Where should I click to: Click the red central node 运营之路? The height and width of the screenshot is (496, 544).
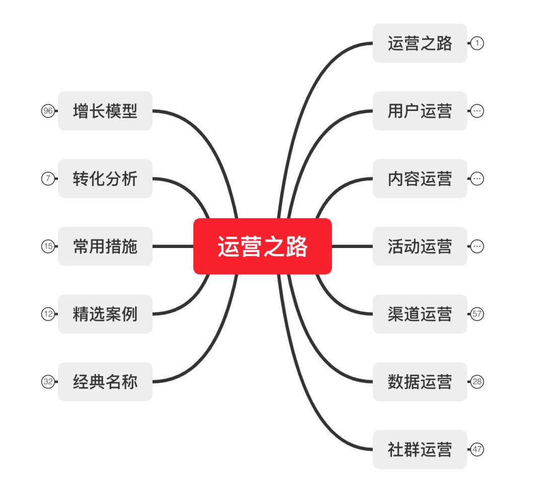(x=262, y=246)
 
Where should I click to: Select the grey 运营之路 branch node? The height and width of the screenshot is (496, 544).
(x=420, y=43)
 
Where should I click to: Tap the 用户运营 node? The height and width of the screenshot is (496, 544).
(x=420, y=111)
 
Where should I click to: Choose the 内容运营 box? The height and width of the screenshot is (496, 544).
(x=420, y=179)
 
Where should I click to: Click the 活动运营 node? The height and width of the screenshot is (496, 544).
(x=420, y=246)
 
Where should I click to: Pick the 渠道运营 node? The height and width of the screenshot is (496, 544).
(x=420, y=314)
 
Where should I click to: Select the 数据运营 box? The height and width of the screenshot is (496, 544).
(x=420, y=382)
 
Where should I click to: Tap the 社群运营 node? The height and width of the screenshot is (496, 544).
(x=420, y=450)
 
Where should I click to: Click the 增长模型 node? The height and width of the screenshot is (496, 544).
(x=105, y=111)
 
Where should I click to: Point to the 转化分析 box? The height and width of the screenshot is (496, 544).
(x=105, y=179)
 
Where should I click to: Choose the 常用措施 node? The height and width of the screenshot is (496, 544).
(x=105, y=246)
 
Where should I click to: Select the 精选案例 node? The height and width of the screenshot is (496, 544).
(x=105, y=314)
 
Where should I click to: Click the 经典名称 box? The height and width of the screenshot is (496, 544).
(x=105, y=382)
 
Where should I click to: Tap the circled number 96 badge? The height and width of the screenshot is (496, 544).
(x=48, y=111)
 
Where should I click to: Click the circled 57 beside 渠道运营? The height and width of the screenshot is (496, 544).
(x=477, y=314)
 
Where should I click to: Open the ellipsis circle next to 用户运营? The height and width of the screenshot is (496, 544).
(x=477, y=111)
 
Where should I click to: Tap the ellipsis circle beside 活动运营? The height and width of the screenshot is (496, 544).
(x=477, y=246)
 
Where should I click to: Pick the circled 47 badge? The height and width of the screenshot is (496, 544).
(x=477, y=450)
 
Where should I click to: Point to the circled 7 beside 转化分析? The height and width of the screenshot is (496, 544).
(x=48, y=179)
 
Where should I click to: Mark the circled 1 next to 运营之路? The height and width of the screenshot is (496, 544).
(x=477, y=43)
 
